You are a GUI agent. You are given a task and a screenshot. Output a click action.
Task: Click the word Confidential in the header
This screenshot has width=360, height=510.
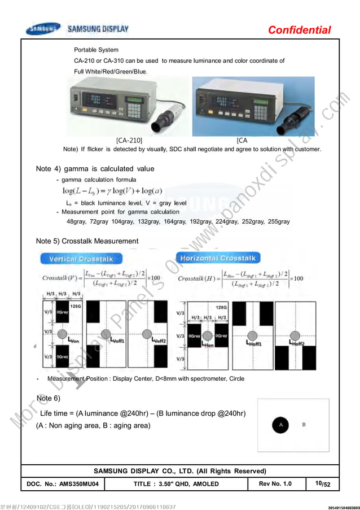pyautogui.click(x=299, y=30)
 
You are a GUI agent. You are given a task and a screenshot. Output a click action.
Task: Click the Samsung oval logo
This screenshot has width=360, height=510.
pyautogui.click(x=42, y=29)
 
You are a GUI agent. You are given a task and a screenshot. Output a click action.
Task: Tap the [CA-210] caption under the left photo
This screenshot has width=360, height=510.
pyautogui.click(x=129, y=140)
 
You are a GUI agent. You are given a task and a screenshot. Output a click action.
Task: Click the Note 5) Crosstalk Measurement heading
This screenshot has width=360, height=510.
pyautogui.click(x=87, y=241)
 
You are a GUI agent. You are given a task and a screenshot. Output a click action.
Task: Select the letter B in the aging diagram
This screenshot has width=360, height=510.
pyautogui.click(x=304, y=423)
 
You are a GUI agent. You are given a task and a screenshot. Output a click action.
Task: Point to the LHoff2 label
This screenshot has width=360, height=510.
pyautogui.click(x=297, y=343)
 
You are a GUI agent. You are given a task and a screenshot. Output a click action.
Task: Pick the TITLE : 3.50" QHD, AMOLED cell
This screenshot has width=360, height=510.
pyautogui.click(x=176, y=484)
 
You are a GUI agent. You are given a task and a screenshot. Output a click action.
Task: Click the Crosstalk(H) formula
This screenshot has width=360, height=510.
pyautogui.click(x=240, y=279)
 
